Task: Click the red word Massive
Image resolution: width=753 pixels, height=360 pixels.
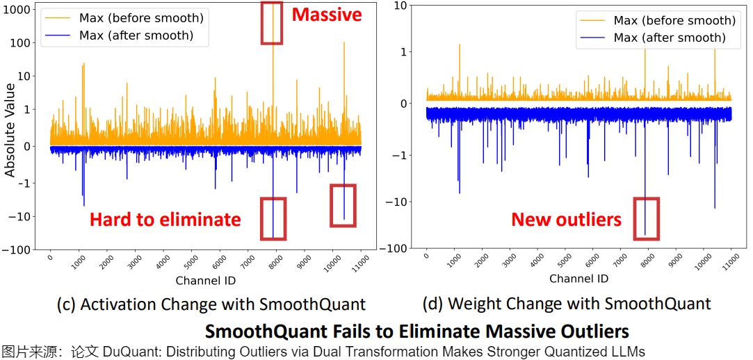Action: (x=327, y=14)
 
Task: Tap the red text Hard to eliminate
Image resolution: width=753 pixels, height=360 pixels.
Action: (x=165, y=220)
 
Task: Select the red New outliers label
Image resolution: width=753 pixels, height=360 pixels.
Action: (x=566, y=220)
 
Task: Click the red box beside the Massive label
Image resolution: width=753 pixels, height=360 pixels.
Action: (x=271, y=23)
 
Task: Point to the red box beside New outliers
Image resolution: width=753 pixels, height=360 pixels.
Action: (x=647, y=218)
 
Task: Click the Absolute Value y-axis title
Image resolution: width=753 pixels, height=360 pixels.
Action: (x=10, y=129)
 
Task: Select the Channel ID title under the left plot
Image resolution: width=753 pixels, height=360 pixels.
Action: (x=205, y=281)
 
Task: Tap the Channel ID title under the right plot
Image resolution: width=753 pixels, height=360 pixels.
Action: (x=578, y=278)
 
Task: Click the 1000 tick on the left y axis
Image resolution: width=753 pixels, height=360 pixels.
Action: (x=24, y=10)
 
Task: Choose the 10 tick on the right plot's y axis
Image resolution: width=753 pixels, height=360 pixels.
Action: (x=401, y=6)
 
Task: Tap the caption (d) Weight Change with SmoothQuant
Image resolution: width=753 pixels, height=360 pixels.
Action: (x=567, y=304)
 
